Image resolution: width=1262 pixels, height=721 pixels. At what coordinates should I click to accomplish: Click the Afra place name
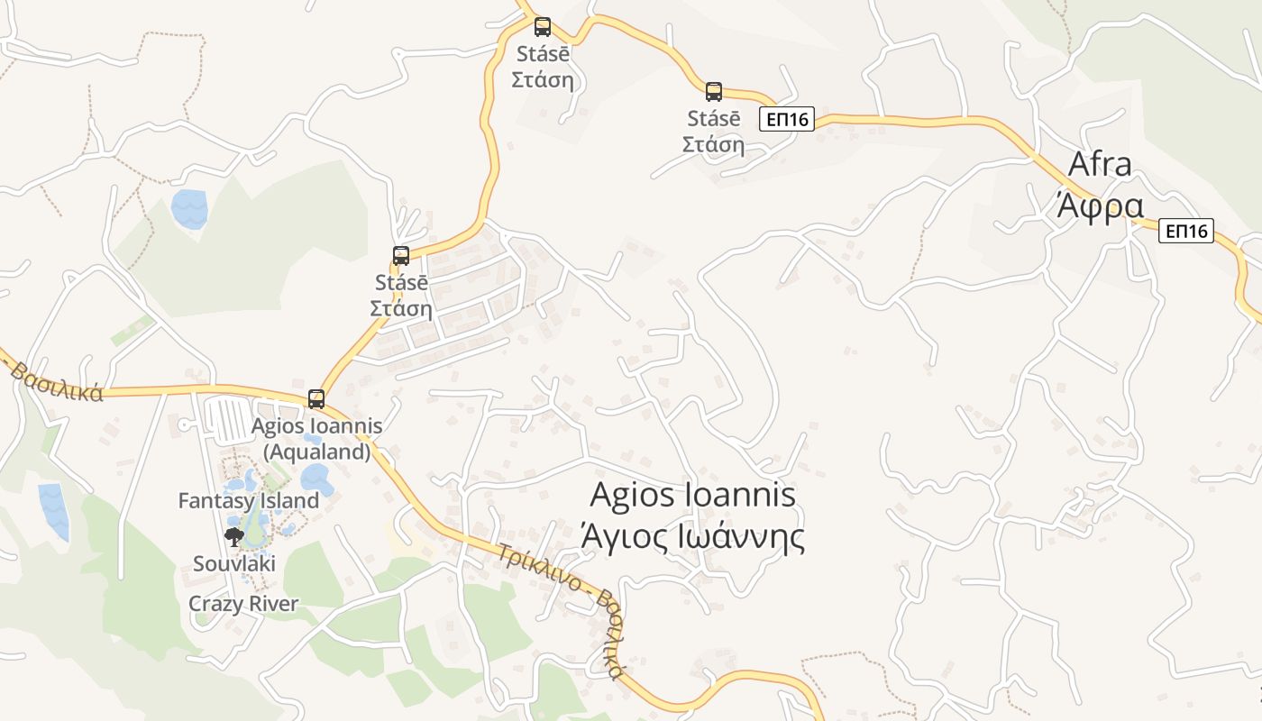tap(1099, 165)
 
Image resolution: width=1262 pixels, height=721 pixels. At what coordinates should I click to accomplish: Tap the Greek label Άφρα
tap(1100, 205)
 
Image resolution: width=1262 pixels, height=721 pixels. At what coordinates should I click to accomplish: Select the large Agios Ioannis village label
tap(692, 495)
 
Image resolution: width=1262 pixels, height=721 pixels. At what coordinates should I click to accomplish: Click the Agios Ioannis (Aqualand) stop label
tap(316, 438)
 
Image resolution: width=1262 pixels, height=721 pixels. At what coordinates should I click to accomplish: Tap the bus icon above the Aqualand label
tap(316, 398)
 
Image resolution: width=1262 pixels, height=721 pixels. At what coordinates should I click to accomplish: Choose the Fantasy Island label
tap(249, 501)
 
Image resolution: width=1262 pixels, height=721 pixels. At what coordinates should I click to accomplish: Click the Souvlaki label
tap(234, 564)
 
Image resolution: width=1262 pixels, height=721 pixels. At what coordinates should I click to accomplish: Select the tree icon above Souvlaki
tap(234, 537)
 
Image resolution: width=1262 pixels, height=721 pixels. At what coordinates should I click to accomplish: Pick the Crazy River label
tap(243, 604)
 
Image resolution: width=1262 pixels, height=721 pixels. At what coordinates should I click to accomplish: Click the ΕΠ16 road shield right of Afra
tap(1186, 232)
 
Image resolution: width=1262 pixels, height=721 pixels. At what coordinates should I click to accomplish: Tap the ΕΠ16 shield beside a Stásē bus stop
tap(786, 119)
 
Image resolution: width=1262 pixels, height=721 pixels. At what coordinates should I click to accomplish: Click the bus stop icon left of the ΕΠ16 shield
tap(714, 91)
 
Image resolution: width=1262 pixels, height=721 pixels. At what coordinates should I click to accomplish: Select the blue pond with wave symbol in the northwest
tap(189, 208)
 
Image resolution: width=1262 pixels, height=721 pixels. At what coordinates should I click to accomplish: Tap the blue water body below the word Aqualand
tap(316, 479)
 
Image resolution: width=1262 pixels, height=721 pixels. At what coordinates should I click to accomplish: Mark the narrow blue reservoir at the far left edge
tap(54, 511)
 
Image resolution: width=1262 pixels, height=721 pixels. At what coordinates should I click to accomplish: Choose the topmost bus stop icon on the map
tap(542, 27)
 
